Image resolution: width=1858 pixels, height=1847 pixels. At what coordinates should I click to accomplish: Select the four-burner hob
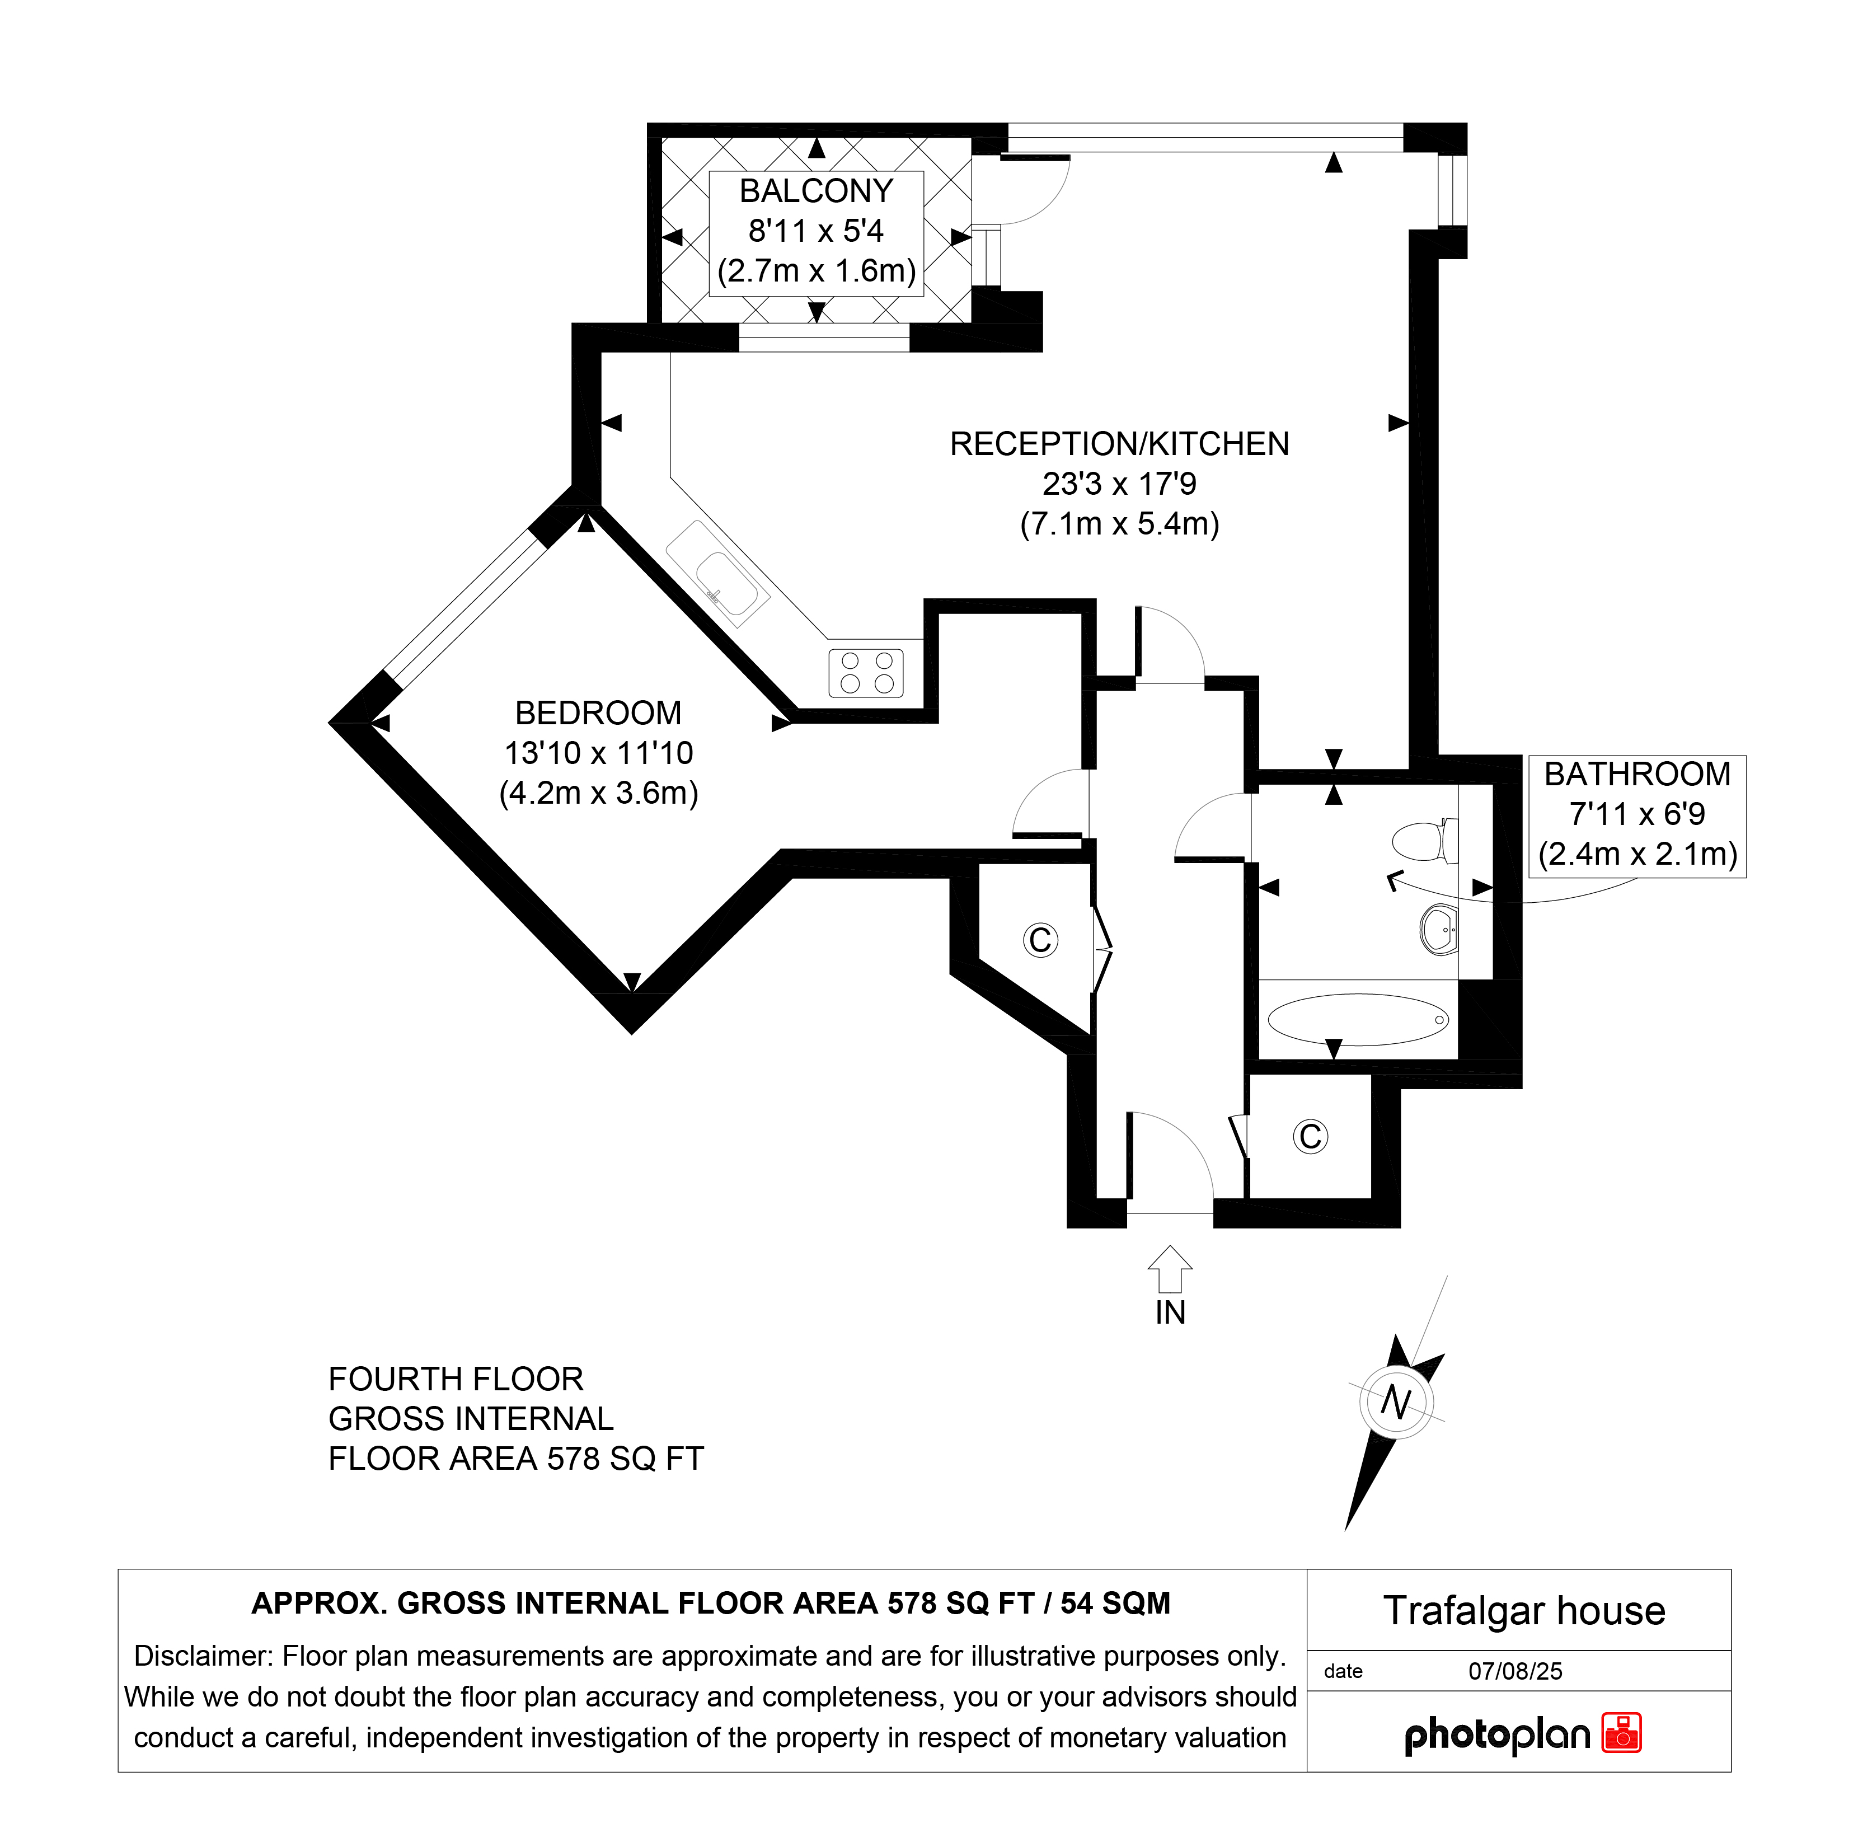(866, 672)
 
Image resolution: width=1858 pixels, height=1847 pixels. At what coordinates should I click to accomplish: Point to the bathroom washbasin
(1439, 929)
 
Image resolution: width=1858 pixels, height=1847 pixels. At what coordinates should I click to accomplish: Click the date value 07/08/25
(1515, 1671)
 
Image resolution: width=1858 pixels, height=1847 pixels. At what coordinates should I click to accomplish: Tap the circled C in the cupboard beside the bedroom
(1040, 940)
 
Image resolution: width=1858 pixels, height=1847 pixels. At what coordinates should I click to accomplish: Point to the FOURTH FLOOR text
(456, 1379)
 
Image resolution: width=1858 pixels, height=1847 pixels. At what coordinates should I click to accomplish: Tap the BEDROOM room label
(598, 713)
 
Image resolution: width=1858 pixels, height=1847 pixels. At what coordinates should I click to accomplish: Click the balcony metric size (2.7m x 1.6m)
(817, 270)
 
